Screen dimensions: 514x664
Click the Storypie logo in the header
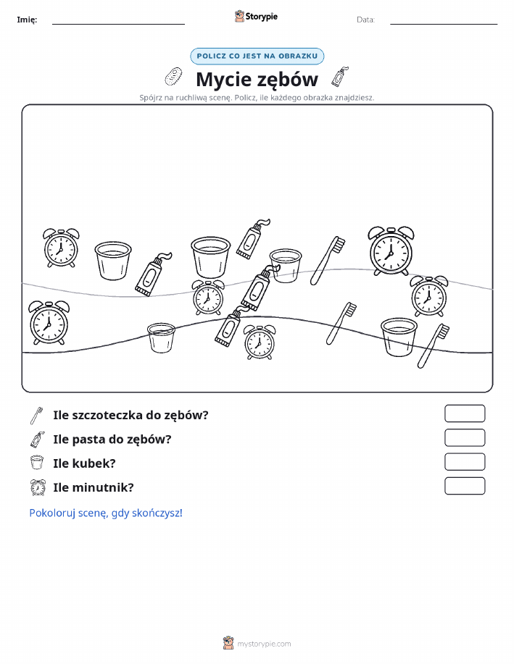pyautogui.click(x=256, y=17)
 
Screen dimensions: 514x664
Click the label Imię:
pyautogui.click(x=27, y=20)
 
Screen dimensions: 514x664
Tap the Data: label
pyautogui.click(x=365, y=20)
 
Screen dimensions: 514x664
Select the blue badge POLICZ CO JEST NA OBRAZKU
pyautogui.click(x=257, y=56)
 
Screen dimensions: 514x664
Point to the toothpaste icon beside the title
pyautogui.click(x=340, y=76)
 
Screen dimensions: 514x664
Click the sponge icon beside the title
pyautogui.click(x=173, y=77)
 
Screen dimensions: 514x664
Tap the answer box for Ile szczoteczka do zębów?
pyautogui.click(x=465, y=413)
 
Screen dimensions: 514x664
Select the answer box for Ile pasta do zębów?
pyautogui.click(x=465, y=438)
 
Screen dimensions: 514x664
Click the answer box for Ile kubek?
pyautogui.click(x=465, y=462)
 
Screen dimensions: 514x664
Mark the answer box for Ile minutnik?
pyautogui.click(x=465, y=486)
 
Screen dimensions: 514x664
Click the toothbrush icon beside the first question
pyautogui.click(x=37, y=416)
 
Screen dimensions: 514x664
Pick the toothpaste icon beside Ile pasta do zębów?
pyautogui.click(x=37, y=440)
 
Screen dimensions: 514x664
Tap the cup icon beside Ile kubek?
pyautogui.click(x=37, y=463)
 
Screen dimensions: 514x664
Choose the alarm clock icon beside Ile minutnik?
pyautogui.click(x=38, y=487)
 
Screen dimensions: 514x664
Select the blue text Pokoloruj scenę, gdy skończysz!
pyautogui.click(x=106, y=513)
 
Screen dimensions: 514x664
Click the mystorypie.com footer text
pyautogui.click(x=264, y=644)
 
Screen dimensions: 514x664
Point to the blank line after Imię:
pyautogui.click(x=118, y=24)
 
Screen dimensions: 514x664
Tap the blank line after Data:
pyautogui.click(x=444, y=24)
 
